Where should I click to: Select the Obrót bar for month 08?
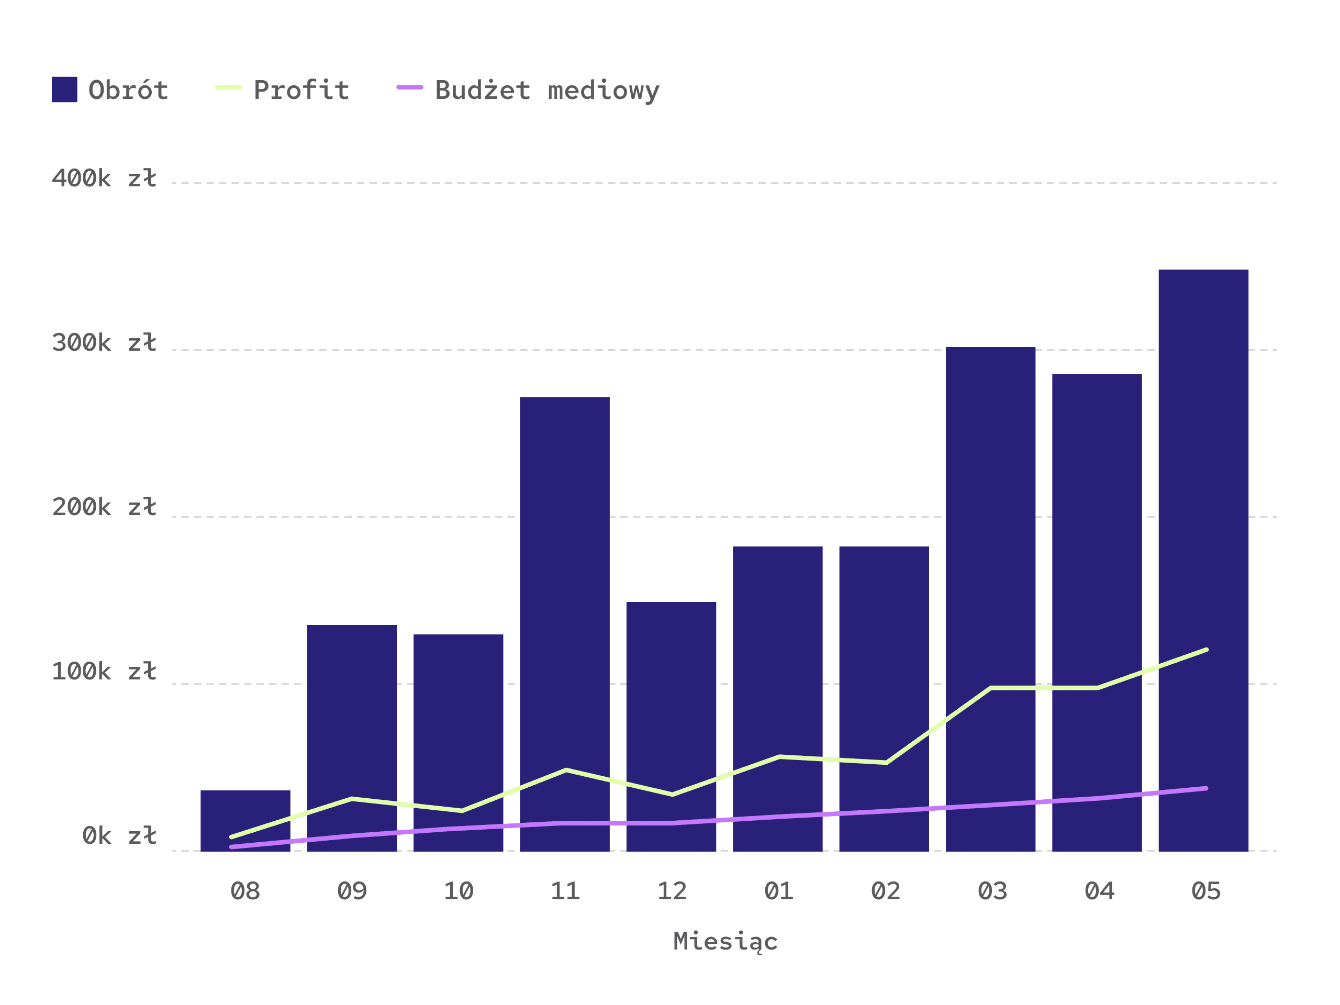point(245,821)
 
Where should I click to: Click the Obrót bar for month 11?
point(565,624)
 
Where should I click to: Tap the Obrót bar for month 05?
point(1203,561)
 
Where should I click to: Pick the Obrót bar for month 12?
point(671,727)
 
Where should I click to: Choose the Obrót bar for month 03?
point(990,599)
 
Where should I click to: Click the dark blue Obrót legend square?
point(64,90)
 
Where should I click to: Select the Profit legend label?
point(301,90)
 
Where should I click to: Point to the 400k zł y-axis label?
point(104,178)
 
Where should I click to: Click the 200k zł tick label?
point(104,507)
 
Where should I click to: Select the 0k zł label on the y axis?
point(119,836)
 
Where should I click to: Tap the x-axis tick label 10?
point(459,891)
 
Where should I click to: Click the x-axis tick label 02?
point(886,891)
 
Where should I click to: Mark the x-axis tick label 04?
point(1099,891)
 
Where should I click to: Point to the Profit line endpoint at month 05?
point(1206,650)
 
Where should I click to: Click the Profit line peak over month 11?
point(566,770)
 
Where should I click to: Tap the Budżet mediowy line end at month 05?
point(1206,788)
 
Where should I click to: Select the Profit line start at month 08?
point(231,837)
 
